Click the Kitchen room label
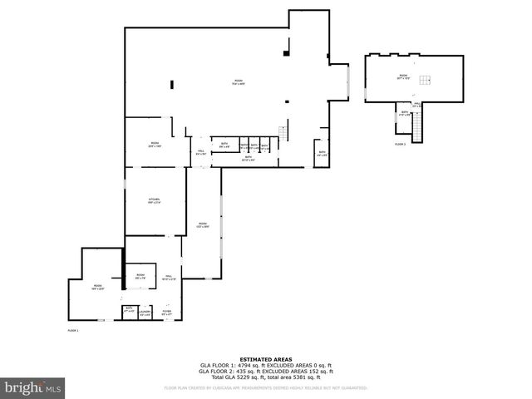(154, 200)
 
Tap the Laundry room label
(145, 313)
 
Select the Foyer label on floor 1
(166, 313)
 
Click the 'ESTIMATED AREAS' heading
(265, 359)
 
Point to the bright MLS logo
(32, 387)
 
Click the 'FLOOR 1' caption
(72, 331)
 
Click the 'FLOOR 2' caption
(400, 144)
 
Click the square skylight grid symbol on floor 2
(425, 80)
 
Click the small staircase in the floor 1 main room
(283, 134)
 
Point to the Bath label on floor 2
(404, 113)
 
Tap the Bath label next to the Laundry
(129, 310)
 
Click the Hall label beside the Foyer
(167, 278)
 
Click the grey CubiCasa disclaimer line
(265, 387)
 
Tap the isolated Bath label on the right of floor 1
(322, 153)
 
